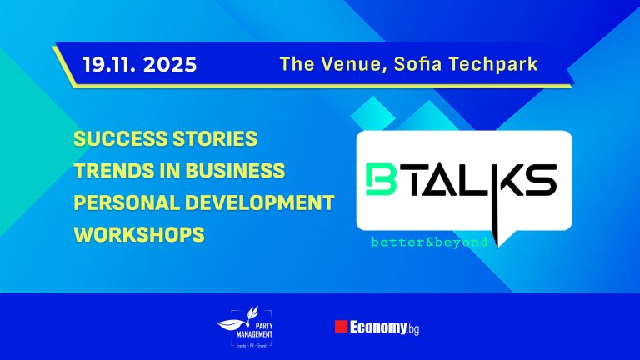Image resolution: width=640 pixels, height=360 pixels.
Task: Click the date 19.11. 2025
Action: pyautogui.click(x=139, y=64)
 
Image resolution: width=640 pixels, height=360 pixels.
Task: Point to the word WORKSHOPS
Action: pyautogui.click(x=139, y=235)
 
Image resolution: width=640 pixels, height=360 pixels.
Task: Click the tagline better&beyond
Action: pyautogui.click(x=430, y=242)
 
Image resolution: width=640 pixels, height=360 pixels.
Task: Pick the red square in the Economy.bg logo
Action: pyautogui.click(x=339, y=326)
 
